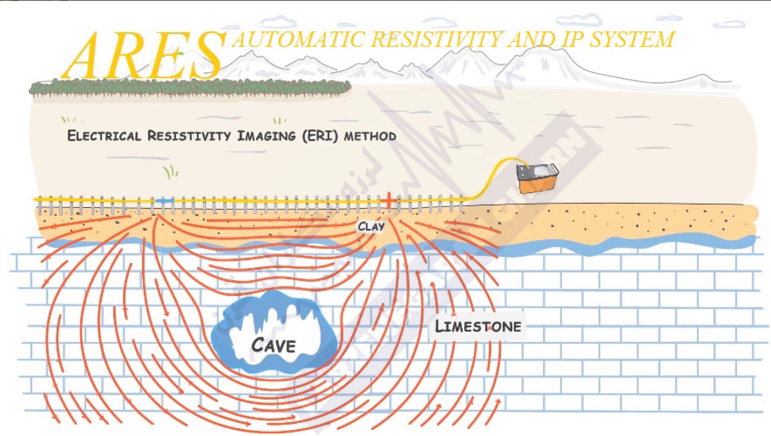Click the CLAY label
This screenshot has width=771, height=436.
pos(371,226)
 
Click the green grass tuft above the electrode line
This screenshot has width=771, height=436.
pos(171,173)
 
